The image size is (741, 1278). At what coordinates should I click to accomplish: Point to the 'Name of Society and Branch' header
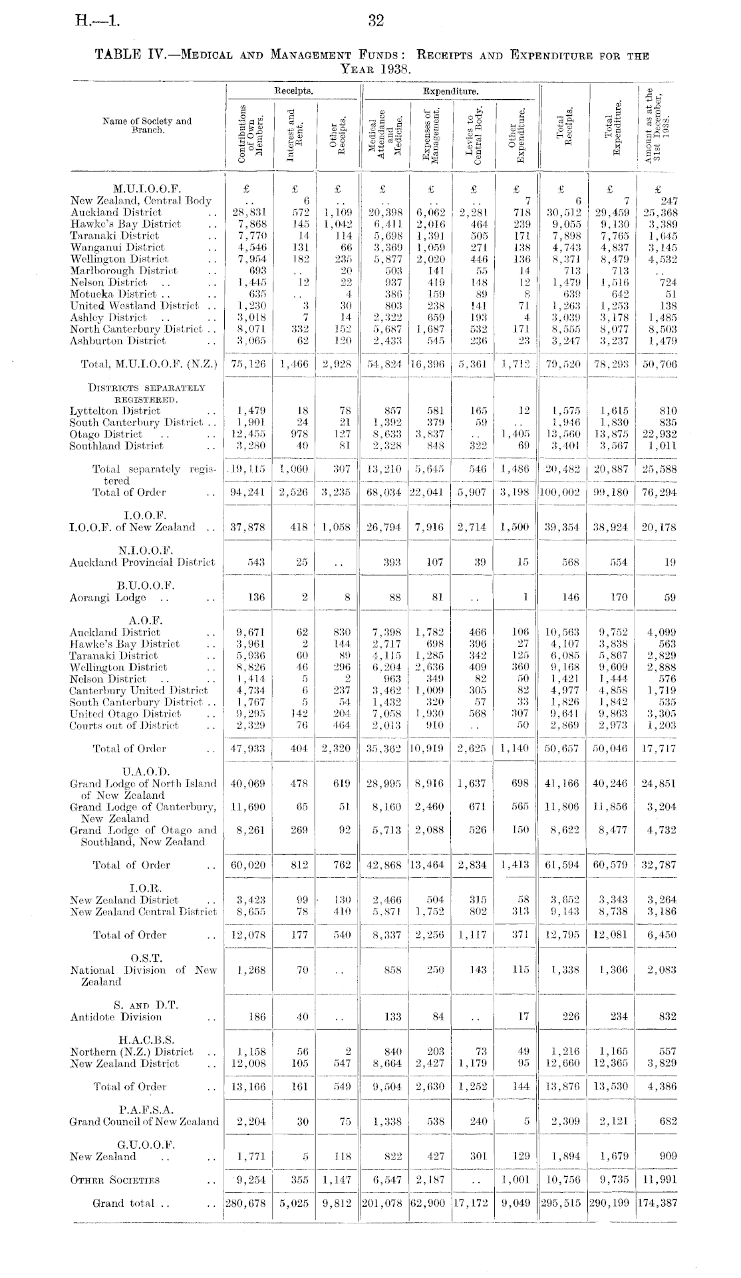147,125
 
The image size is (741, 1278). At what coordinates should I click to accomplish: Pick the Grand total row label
124,1203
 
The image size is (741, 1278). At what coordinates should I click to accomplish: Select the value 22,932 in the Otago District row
658,434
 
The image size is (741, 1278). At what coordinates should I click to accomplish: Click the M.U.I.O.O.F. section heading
147,188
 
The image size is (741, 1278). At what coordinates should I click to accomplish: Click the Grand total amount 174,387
657,1203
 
